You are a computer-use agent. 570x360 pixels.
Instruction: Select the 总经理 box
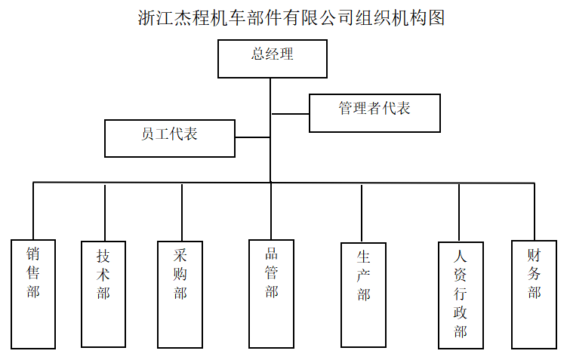(272, 59)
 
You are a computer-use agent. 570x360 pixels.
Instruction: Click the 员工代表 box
(169, 138)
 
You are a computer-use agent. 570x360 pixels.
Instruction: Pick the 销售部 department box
(33, 294)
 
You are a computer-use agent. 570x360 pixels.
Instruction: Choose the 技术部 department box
(103, 294)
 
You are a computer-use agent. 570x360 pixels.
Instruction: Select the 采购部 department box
(180, 294)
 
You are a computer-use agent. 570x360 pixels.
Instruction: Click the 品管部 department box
(271, 294)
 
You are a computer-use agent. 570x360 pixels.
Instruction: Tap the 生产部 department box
(363, 294)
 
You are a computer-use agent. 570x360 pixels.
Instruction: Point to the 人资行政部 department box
(461, 295)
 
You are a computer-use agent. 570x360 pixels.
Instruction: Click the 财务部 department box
(535, 294)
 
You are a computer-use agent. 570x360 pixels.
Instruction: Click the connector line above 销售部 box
(33, 211)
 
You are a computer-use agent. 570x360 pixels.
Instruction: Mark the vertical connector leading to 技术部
(104, 212)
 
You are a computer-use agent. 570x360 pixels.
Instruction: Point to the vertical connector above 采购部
(182, 212)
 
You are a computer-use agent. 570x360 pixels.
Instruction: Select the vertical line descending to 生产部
(362, 213)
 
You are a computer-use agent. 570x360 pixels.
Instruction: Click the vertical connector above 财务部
(535, 211)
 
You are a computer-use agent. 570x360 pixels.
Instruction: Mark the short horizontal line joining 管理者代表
(291, 113)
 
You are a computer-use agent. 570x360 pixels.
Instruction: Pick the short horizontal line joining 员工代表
(252, 137)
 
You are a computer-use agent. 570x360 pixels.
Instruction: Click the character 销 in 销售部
(33, 254)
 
